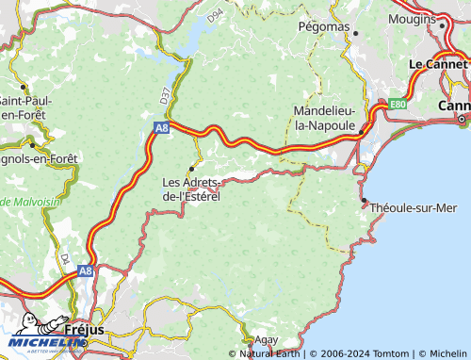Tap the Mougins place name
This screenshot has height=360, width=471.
[x=412, y=18]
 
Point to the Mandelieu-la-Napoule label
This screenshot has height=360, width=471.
[x=325, y=118]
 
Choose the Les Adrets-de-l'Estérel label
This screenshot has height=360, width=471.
[x=191, y=188]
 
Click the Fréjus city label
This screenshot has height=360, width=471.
[x=86, y=330]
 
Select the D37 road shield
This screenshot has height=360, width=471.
[x=166, y=95]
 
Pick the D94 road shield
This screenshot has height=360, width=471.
[x=216, y=16]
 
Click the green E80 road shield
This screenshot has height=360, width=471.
[x=372, y=105]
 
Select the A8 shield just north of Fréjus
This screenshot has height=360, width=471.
[x=85, y=270]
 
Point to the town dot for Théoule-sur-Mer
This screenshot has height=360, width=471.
[x=365, y=200]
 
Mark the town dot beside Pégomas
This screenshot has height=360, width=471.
[x=356, y=33]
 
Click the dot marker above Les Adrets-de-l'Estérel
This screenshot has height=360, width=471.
[x=192, y=169]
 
